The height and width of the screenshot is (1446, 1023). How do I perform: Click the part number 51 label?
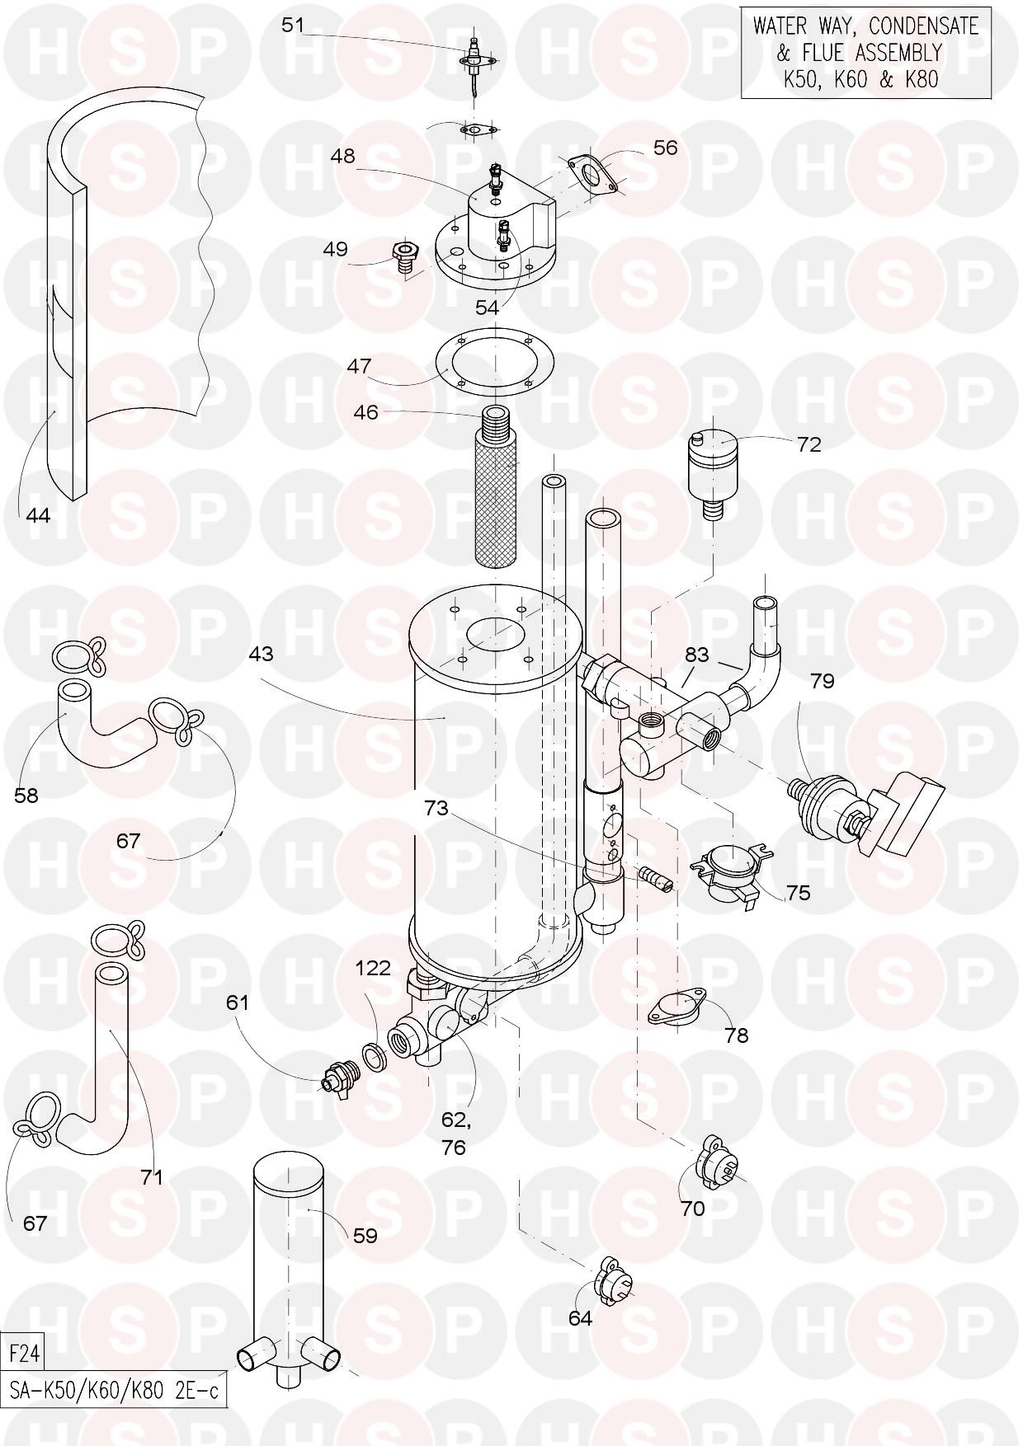tap(293, 25)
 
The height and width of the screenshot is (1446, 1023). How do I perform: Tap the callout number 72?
tap(809, 444)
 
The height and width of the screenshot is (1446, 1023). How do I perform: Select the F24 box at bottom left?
tap(23, 1354)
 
